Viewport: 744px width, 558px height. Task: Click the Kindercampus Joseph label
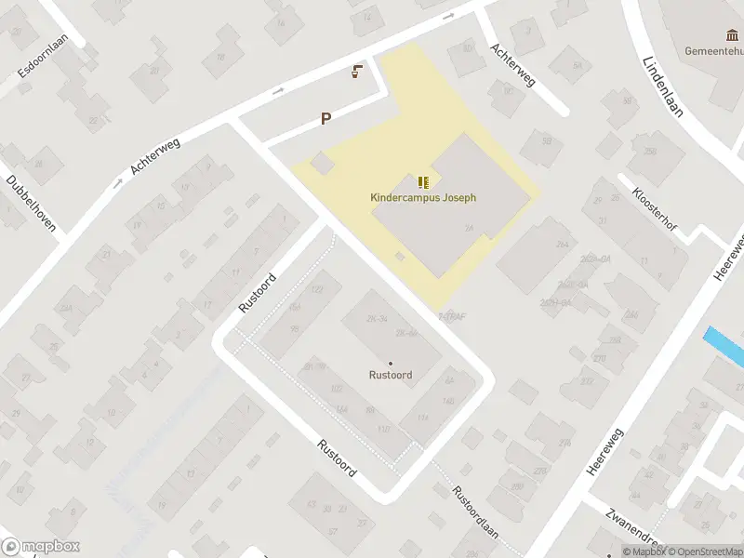(423, 197)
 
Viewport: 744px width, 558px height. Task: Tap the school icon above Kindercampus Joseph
(423, 181)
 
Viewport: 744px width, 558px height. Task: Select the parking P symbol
(325, 118)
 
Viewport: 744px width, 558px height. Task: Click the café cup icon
(356, 72)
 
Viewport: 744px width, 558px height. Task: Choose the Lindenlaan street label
(661, 85)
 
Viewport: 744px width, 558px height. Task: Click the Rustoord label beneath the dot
(391, 375)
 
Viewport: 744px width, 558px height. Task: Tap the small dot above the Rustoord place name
(391, 363)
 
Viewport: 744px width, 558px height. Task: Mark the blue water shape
(725, 347)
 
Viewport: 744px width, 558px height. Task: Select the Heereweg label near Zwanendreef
(605, 453)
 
